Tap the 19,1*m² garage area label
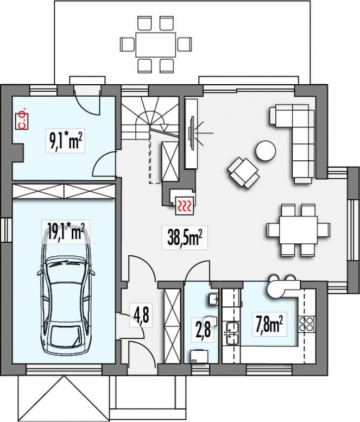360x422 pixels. pos(66,232)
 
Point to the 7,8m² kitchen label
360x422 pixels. pos(269,325)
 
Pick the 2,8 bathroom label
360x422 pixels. pos(203,330)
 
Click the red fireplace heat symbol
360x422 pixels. pos(185,206)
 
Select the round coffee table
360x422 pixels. pos(266,151)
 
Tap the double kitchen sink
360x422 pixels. pos(232,333)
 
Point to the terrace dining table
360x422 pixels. pos(156,45)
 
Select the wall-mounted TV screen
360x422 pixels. pos(192,133)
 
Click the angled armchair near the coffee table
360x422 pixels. pos(243,173)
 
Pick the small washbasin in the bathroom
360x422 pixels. pos(213,299)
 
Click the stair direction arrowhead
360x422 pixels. pos(164,128)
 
